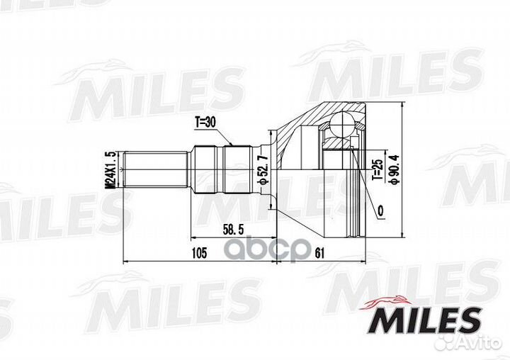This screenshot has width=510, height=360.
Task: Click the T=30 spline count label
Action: click(x=205, y=122)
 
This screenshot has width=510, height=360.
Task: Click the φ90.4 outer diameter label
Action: click(x=394, y=170)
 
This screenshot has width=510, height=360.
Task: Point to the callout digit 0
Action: click(x=380, y=211)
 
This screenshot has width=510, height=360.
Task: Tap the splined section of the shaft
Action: click(x=212, y=170)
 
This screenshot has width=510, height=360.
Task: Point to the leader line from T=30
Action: click(x=225, y=136)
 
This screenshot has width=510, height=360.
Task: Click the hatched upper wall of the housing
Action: click(x=297, y=124)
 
